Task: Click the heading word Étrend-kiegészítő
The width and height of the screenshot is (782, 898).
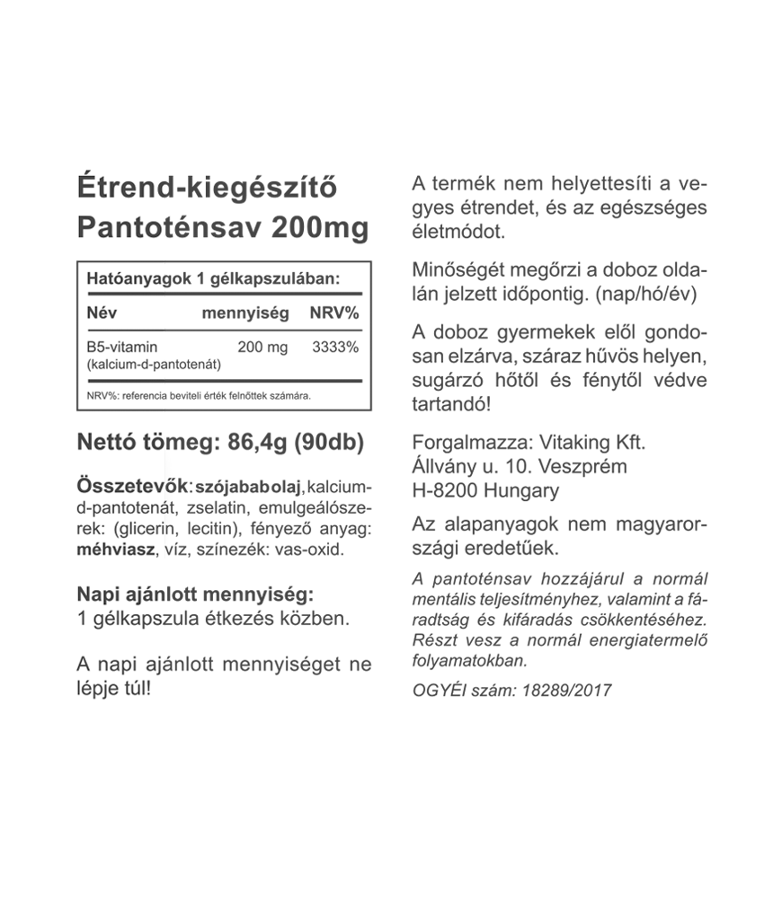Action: pyautogui.click(x=208, y=189)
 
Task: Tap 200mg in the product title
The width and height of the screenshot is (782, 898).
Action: pyautogui.click(x=319, y=228)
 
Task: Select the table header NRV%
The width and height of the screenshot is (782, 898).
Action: pyautogui.click(x=333, y=313)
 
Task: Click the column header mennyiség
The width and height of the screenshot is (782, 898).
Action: pyautogui.click(x=244, y=313)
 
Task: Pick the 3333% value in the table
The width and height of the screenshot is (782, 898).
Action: pyautogui.click(x=334, y=346)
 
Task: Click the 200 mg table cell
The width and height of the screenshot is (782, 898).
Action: pyautogui.click(x=262, y=346)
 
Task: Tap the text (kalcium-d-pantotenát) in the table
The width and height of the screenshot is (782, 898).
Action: pyautogui.click(x=154, y=364)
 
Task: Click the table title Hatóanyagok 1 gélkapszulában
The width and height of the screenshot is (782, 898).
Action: pyautogui.click(x=213, y=279)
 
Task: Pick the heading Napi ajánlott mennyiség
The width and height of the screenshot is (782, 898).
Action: pyautogui.click(x=195, y=594)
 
